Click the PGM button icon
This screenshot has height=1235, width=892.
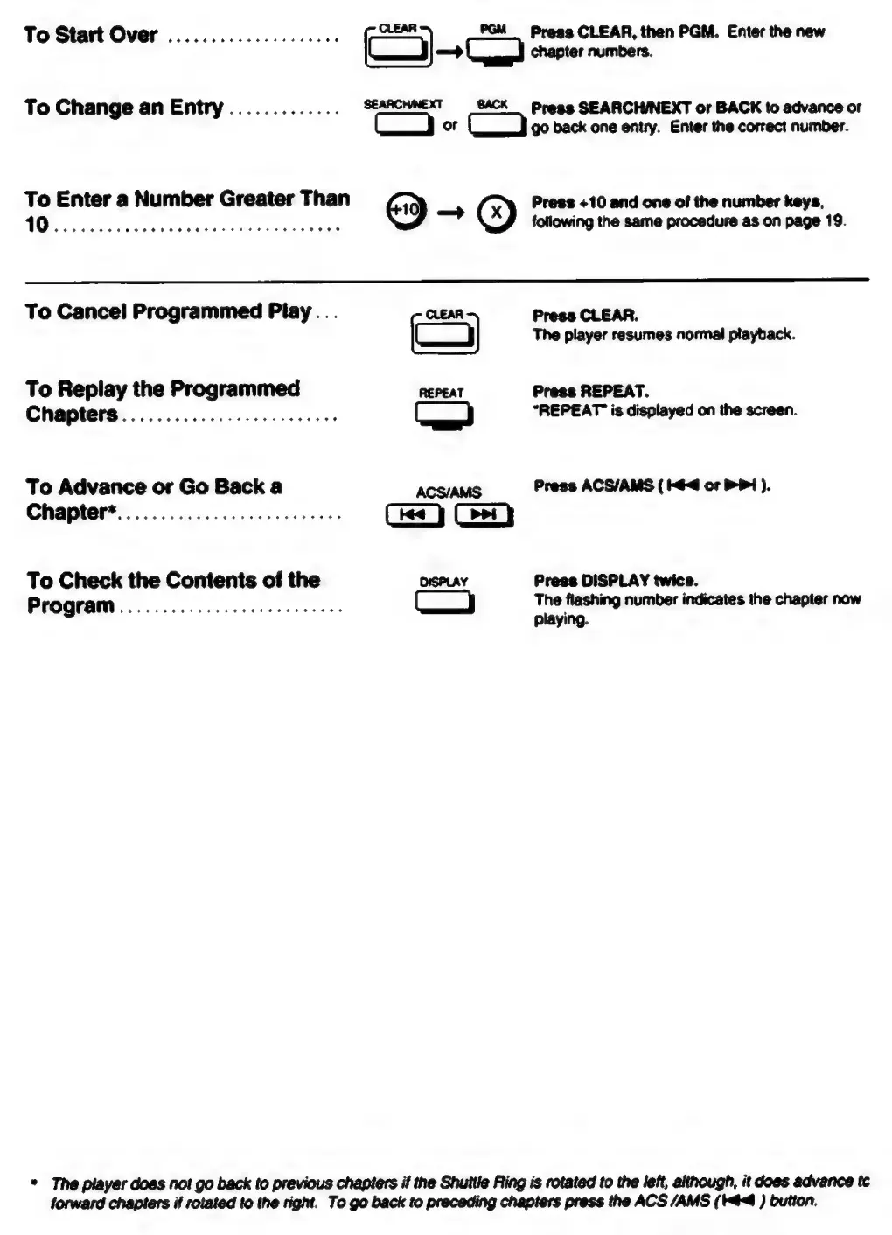click(x=495, y=52)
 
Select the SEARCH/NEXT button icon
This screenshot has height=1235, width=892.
click(x=403, y=126)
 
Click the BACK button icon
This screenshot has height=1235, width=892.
click(x=497, y=126)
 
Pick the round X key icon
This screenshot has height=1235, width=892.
click(x=496, y=213)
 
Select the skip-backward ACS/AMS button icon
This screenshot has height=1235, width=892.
click(x=414, y=516)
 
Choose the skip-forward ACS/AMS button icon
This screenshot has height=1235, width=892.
click(x=483, y=516)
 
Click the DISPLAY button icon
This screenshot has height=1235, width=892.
click(x=444, y=603)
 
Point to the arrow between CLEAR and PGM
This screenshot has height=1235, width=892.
click(x=449, y=52)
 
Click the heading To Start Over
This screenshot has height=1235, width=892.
click(x=91, y=35)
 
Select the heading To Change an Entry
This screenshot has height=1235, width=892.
click(x=123, y=108)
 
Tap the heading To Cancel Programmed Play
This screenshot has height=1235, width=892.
click(x=168, y=311)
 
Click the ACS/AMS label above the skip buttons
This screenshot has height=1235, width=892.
click(x=448, y=492)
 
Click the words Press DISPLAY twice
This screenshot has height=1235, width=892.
click(x=616, y=581)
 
